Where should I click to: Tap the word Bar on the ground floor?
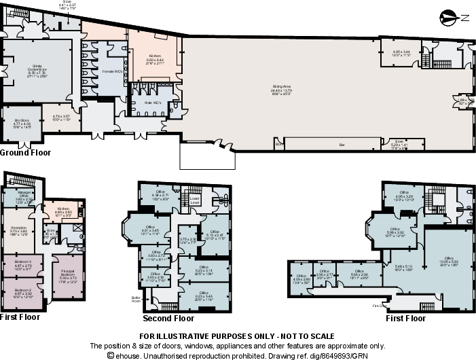tap(342, 144)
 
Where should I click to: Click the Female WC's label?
tap(112, 71)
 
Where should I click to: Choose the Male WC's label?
tap(151, 103)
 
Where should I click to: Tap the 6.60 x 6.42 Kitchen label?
tap(154, 56)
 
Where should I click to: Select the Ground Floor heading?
tap(26, 153)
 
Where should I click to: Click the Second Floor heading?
tap(168, 318)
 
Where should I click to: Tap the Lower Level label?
tap(194, 202)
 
